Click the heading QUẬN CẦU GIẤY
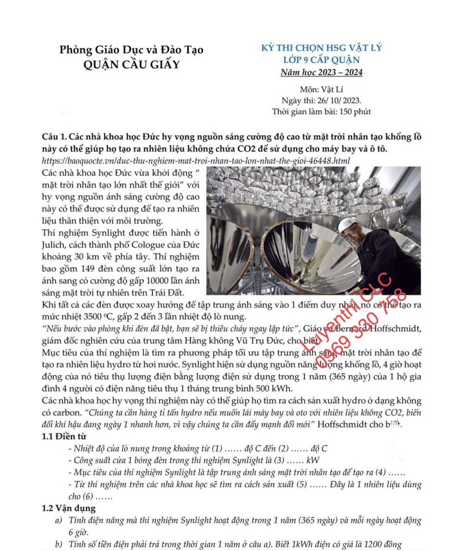[x=131, y=64]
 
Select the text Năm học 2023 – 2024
[x=322, y=72]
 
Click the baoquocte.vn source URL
[x=196, y=161]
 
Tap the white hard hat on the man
[x=348, y=225]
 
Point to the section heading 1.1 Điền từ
[x=66, y=437]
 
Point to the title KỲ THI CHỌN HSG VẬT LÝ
[x=321, y=48]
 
